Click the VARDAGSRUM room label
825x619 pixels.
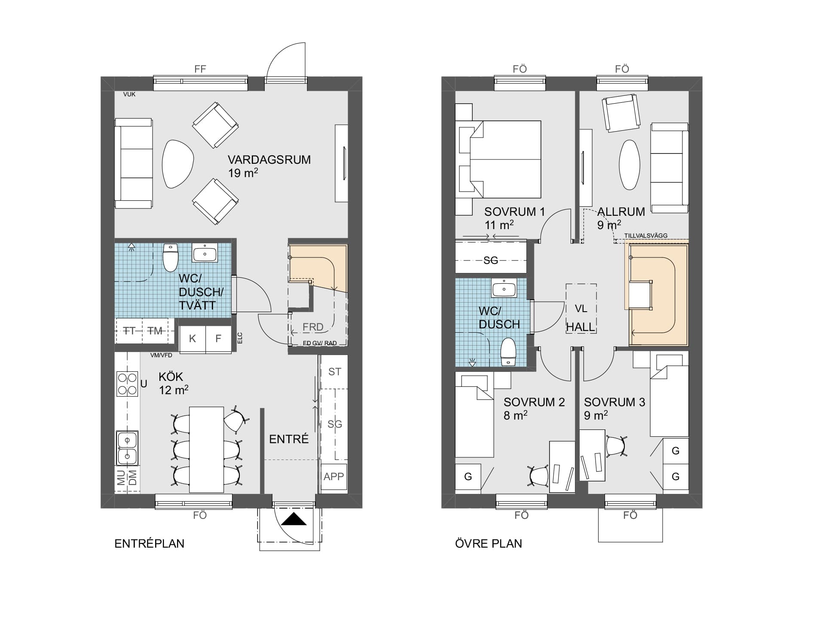pyautogui.click(x=269, y=160)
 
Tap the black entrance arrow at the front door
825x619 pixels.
pyautogui.click(x=293, y=519)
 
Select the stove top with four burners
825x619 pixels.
pyautogui.click(x=127, y=384)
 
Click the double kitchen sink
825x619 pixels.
pyautogui.click(x=127, y=448)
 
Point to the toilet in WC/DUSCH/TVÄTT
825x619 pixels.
pyautogui.click(x=171, y=257)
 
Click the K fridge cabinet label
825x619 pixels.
pyautogui.click(x=192, y=339)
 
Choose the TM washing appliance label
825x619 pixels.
pyautogui.click(x=155, y=331)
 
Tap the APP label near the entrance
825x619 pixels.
pyautogui.click(x=334, y=476)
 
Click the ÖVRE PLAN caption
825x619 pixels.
pyautogui.click(x=489, y=543)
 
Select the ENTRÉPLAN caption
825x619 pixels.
pyautogui.click(x=149, y=543)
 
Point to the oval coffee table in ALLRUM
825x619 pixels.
pyautogui.click(x=629, y=165)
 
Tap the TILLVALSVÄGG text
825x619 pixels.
pyautogui.click(x=646, y=236)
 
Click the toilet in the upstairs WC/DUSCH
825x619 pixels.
pyautogui.click(x=508, y=352)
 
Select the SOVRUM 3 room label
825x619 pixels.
pyautogui.click(x=614, y=402)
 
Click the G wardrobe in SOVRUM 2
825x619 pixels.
pyautogui.click(x=468, y=477)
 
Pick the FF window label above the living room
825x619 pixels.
pyautogui.click(x=200, y=69)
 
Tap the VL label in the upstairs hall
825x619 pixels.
pyautogui.click(x=581, y=309)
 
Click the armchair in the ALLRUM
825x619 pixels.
pyautogui.click(x=621, y=113)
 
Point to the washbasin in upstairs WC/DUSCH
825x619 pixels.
pyautogui.click(x=504, y=288)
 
